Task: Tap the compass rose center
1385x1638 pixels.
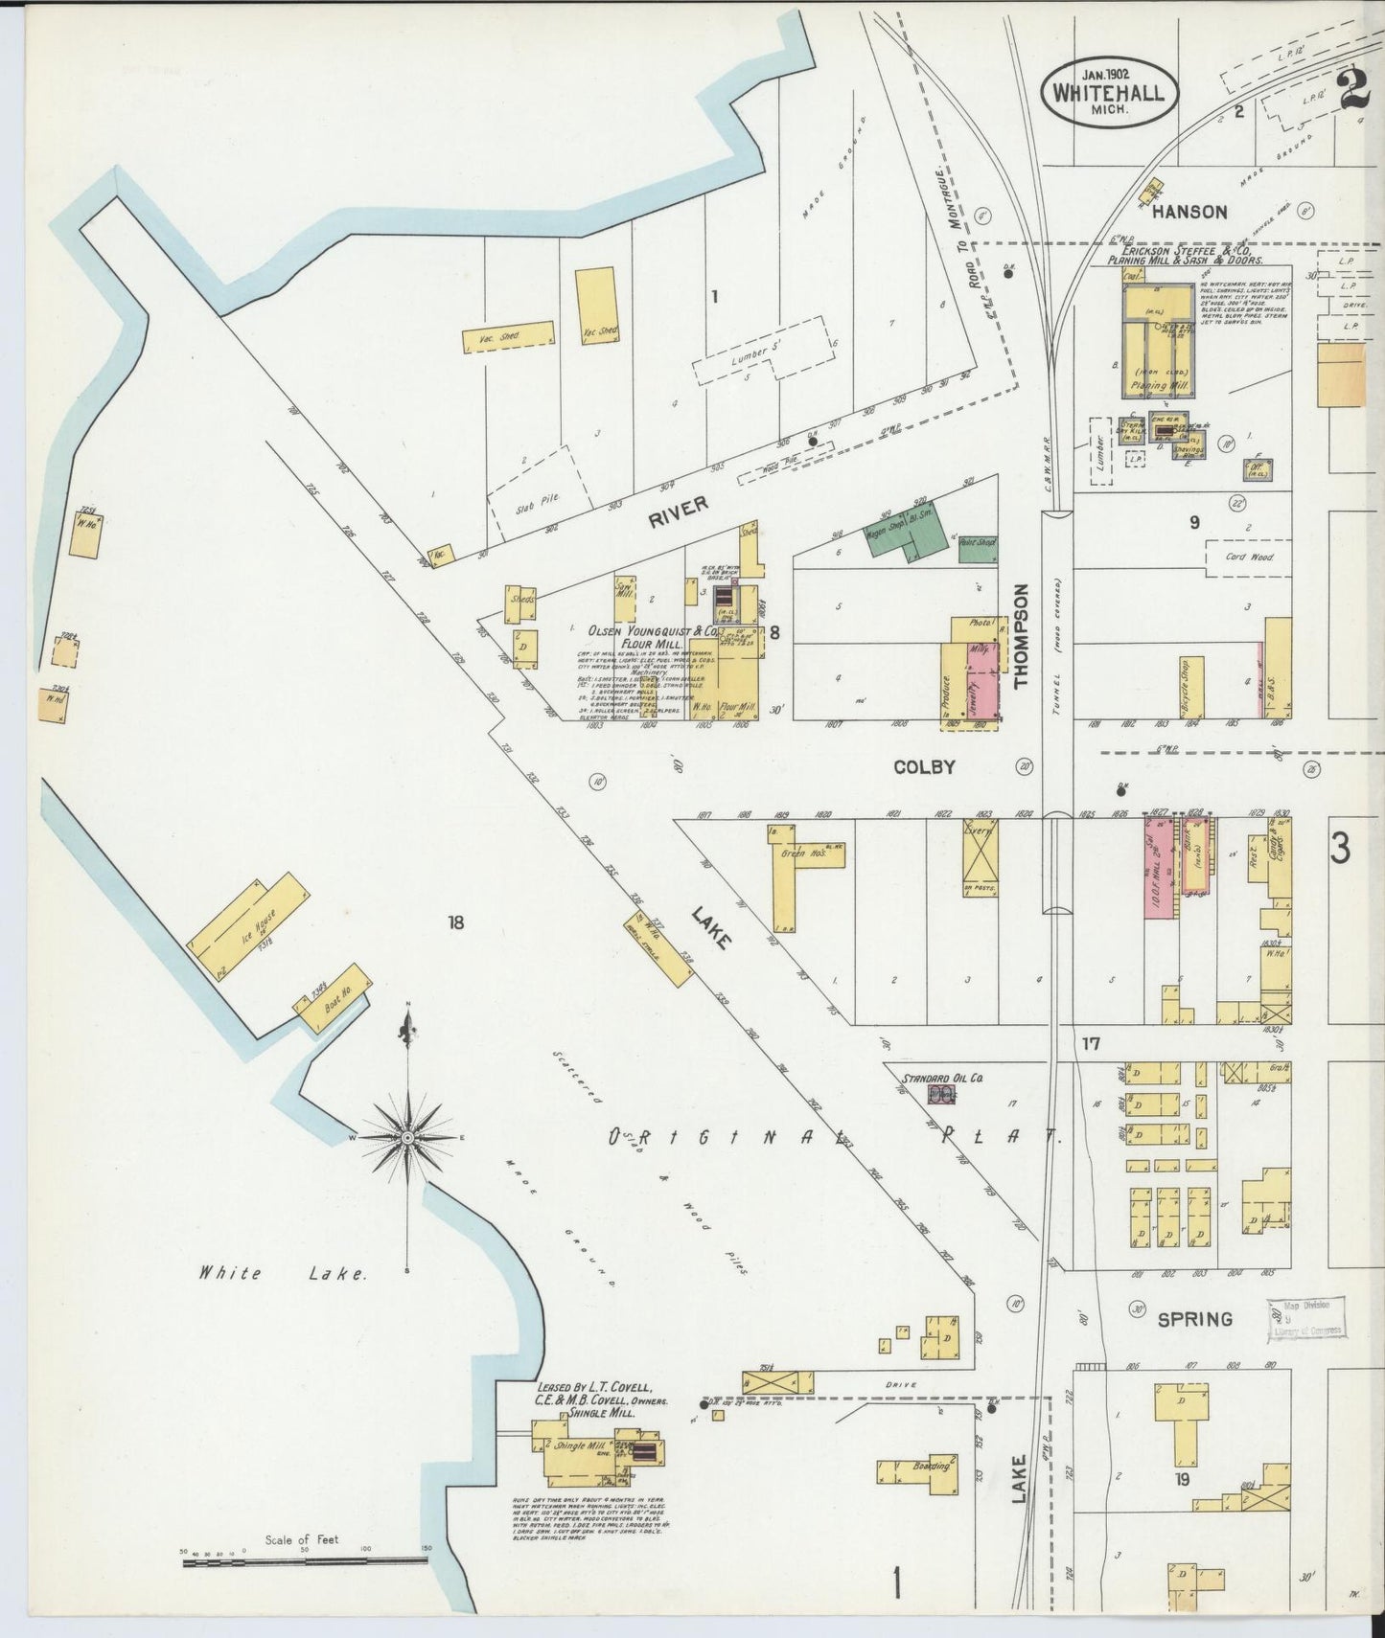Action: click(x=407, y=1137)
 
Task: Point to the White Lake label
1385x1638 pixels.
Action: click(x=282, y=1274)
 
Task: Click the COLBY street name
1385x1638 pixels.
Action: click(x=924, y=767)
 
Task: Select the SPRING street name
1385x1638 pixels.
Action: click(x=1194, y=1319)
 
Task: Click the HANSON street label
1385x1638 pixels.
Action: click(x=1189, y=212)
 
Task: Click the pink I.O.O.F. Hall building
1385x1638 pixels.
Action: click(x=1158, y=867)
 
